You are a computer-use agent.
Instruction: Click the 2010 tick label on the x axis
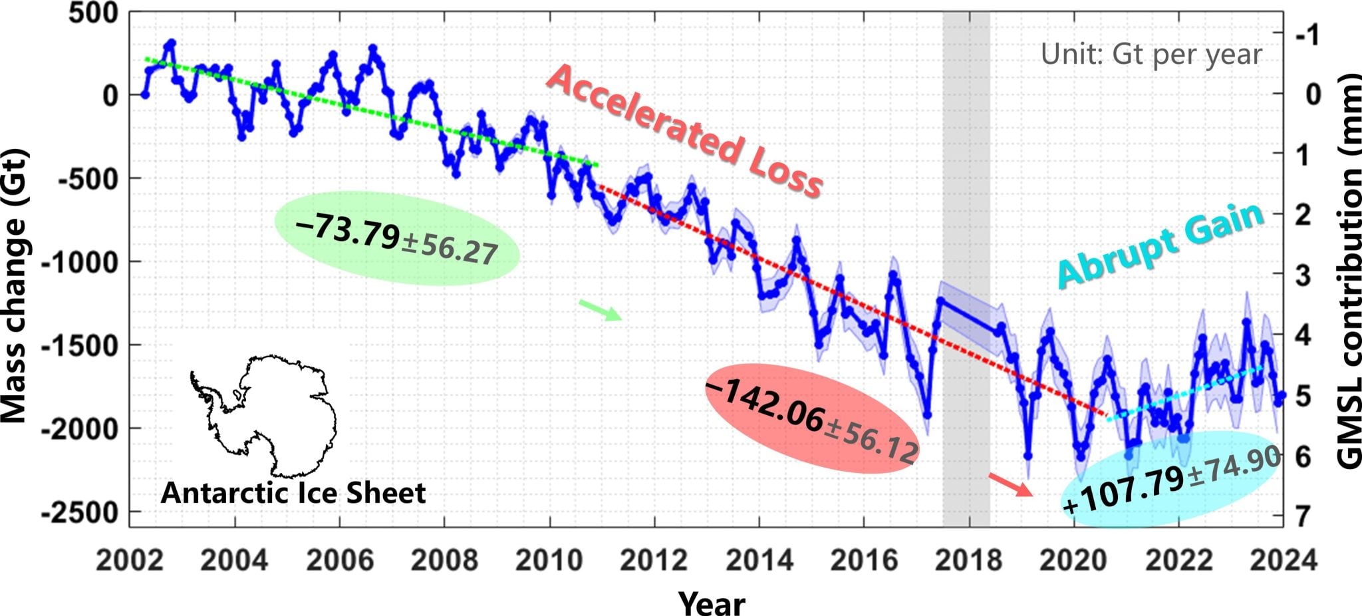[x=549, y=560]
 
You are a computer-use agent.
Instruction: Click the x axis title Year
[x=712, y=603]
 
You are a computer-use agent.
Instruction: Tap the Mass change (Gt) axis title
[x=15, y=286]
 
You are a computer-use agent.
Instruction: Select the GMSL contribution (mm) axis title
[x=1347, y=273]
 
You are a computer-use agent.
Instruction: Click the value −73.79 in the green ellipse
[x=348, y=230]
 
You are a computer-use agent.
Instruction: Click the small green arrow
[x=600, y=310]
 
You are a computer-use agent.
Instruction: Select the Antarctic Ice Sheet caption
[x=293, y=493]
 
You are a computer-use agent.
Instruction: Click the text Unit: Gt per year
[x=1151, y=55]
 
